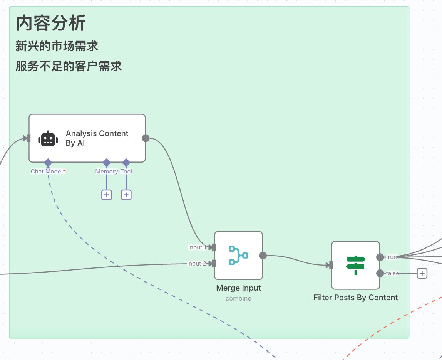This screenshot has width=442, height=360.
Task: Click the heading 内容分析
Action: coord(50,24)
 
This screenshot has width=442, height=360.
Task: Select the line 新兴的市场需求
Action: coord(57,46)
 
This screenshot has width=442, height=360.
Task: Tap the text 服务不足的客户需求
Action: coord(69,66)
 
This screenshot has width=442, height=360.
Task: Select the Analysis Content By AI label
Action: coord(97,138)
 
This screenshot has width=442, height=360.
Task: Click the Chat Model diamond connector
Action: coord(48,162)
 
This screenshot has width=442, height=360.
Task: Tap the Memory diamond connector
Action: coord(107,162)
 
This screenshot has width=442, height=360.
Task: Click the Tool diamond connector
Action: coord(126,162)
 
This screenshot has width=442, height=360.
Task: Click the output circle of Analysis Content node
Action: coord(146,138)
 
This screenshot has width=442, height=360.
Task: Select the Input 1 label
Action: coord(197,247)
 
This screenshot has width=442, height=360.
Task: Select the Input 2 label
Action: coord(196,264)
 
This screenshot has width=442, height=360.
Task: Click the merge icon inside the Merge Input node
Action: coord(238,255)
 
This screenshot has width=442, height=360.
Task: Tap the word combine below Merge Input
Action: coord(238,298)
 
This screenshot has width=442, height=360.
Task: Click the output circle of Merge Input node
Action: coord(263,255)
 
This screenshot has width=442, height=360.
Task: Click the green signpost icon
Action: coord(355,265)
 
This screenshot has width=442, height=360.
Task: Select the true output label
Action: coord(391,257)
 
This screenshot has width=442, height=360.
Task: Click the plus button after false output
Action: coord(422,273)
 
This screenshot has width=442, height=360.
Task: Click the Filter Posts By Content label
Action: coord(355,298)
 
